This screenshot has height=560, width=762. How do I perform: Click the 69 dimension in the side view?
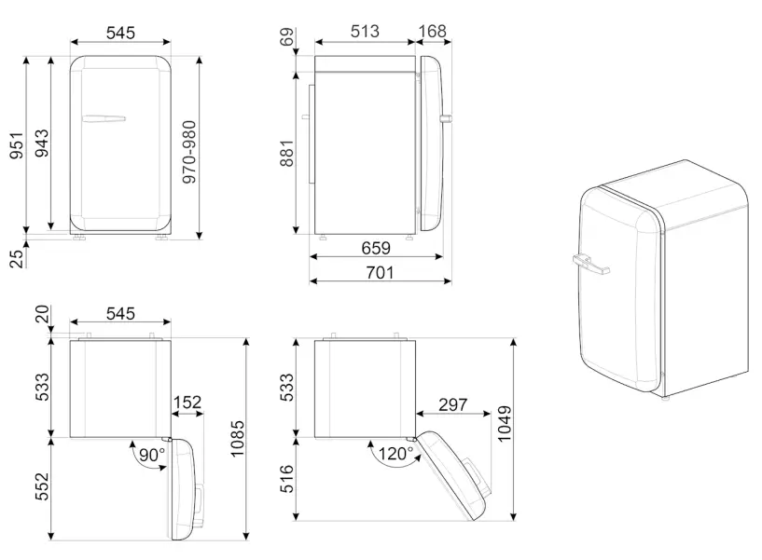(285, 38)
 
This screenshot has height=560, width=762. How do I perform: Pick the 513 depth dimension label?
(364, 32)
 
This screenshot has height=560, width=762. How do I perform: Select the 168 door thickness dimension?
(432, 32)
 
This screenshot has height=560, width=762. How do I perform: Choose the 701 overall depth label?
(380, 273)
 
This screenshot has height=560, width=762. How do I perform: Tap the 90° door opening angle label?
(149, 455)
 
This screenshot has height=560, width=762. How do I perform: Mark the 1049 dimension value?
(505, 425)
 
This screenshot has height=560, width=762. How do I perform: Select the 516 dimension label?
(285, 480)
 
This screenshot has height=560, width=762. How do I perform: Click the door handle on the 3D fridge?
(590, 268)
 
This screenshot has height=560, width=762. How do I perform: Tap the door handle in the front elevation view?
(104, 118)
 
